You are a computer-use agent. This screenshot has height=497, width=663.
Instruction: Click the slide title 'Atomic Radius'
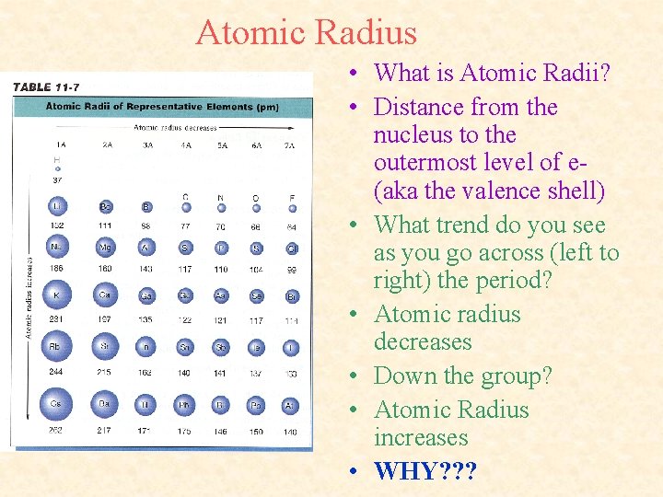click(306, 33)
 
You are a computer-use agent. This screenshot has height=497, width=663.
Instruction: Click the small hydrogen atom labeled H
click(57, 168)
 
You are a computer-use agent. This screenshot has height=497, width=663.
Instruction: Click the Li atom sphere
click(57, 207)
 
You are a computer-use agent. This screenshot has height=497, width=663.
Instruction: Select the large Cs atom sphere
click(57, 404)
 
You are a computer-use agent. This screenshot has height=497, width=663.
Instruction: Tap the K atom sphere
click(57, 295)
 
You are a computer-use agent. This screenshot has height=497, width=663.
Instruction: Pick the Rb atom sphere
click(57, 347)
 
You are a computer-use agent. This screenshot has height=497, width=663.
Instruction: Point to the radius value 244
click(57, 373)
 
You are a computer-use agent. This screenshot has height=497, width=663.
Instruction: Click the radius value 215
click(105, 373)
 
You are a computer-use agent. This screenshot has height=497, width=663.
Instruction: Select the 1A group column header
click(60, 144)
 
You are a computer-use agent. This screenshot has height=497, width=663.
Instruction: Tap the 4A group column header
click(186, 144)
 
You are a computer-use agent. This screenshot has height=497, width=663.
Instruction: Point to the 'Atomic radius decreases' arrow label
click(175, 127)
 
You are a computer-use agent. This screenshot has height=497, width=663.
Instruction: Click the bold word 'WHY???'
click(425, 471)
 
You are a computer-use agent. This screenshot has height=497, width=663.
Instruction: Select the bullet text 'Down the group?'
click(463, 376)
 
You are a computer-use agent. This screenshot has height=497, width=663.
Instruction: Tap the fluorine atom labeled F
click(291, 208)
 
